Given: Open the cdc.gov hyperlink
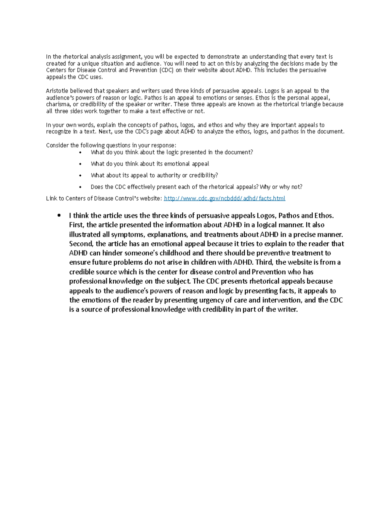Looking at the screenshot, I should coord(224,198).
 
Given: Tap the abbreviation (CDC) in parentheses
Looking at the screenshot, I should coord(167,70).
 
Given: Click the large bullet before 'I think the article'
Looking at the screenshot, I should coord(59,216).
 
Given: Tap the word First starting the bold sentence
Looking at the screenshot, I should coord(77,225).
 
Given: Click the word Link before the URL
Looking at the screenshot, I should coord(51,199).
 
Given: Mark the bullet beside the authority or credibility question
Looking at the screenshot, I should coord(80,176).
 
